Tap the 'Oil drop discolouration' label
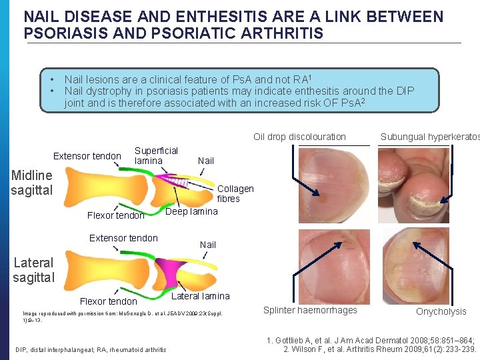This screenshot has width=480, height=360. coord(299,137)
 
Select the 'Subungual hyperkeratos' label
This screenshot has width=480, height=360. coord(429,137)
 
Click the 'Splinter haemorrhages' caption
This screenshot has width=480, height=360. coord(310,310)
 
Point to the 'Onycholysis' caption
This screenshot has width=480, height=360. coord(441,311)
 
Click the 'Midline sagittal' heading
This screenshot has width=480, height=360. coord(31,182)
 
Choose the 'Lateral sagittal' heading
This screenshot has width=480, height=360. coord(33,269)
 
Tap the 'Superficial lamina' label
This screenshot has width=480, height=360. coord(156,155)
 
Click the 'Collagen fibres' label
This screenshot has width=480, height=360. coord(235,193)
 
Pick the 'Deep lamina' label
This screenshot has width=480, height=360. coord(191,211)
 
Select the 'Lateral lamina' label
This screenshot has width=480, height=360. coord(201,296)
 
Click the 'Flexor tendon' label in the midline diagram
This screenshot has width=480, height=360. coord(115,215)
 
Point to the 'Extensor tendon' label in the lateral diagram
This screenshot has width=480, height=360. coord(123,238)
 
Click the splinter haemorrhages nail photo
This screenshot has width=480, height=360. coord(331,265)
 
